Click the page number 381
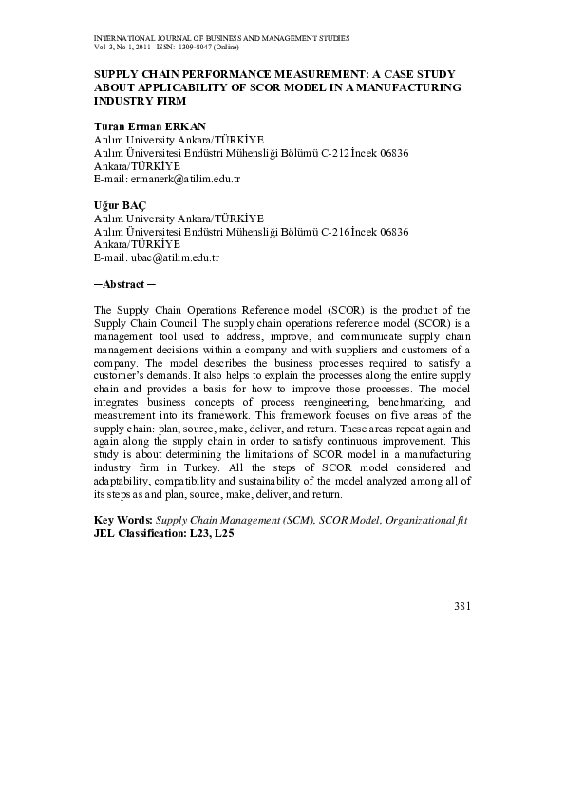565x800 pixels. pos(461,606)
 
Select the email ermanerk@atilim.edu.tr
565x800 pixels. pos(182,179)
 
